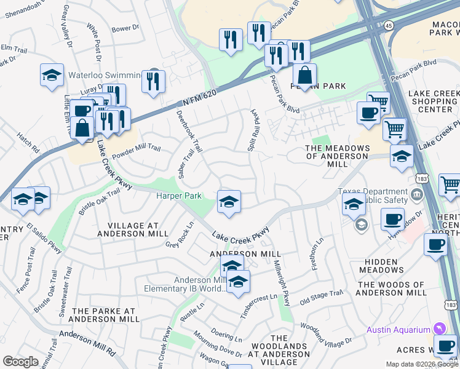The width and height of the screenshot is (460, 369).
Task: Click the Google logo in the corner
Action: (20, 361)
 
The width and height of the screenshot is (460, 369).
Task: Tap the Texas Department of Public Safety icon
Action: (418, 196)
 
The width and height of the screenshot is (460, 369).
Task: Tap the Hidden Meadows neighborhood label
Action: (381, 266)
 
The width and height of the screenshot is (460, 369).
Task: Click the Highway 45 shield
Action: (389, 25)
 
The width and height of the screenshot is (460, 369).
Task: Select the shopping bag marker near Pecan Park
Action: (304, 75)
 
